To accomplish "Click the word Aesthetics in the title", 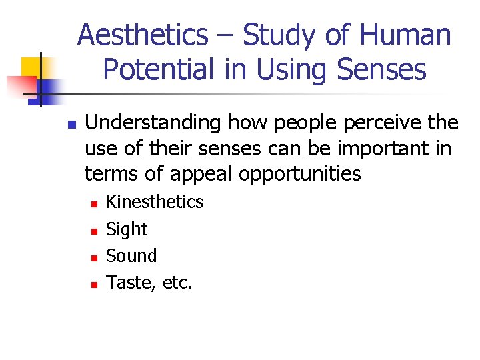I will click(x=143, y=35).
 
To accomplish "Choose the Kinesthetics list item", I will click(x=155, y=202).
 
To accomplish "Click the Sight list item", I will click(x=127, y=229).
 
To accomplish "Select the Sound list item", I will click(x=131, y=256).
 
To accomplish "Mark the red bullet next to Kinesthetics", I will click(x=94, y=203).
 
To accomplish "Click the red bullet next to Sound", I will click(x=94, y=257).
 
